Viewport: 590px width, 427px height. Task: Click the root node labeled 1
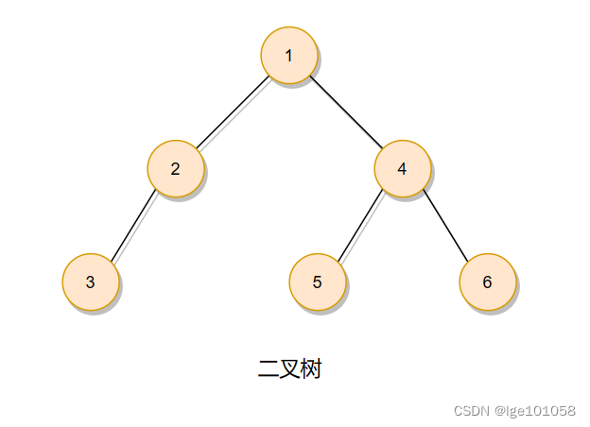288,55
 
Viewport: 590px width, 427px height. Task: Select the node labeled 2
175,169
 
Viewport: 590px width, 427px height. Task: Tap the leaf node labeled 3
90,282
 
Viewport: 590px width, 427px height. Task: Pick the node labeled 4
402,169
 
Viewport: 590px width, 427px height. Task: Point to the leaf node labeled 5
317,282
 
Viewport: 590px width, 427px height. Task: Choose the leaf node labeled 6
487,282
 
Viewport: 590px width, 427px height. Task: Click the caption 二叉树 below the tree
289,369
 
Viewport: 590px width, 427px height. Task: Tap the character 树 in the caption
311,369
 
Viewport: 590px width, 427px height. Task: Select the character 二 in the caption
268,369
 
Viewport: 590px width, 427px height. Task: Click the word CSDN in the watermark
470,411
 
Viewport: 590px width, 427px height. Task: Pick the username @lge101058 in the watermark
534,411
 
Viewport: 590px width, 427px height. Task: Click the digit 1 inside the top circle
288,55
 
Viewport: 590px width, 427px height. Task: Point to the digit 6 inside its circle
487,282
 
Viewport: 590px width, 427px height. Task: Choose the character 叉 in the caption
289,369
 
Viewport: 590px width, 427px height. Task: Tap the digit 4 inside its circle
402,169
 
